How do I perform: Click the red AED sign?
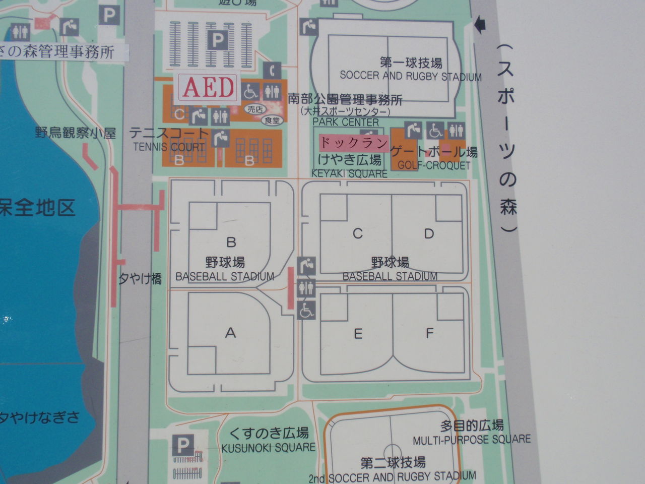pyautogui.click(x=208, y=88)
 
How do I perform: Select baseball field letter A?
pyautogui.click(x=230, y=333)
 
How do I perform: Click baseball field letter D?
pyautogui.click(x=429, y=233)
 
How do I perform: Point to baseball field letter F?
pyautogui.click(x=430, y=333)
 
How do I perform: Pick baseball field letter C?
pyautogui.click(x=358, y=233)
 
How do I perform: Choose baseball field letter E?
pyautogui.click(x=358, y=334)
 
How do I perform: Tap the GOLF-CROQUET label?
pyautogui.click(x=434, y=165)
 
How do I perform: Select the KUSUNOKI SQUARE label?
pyautogui.click(x=269, y=447)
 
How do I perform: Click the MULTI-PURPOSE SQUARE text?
pyautogui.click(x=472, y=440)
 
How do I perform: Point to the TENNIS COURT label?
pyautogui.click(x=169, y=147)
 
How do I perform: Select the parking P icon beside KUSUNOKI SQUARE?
pyautogui.click(x=183, y=445)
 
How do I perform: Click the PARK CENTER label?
pyautogui.click(x=346, y=123)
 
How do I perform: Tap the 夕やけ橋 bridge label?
pyautogui.click(x=140, y=279)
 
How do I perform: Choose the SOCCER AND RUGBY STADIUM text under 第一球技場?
pyautogui.click(x=411, y=77)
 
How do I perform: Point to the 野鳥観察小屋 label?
pyautogui.click(x=76, y=133)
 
